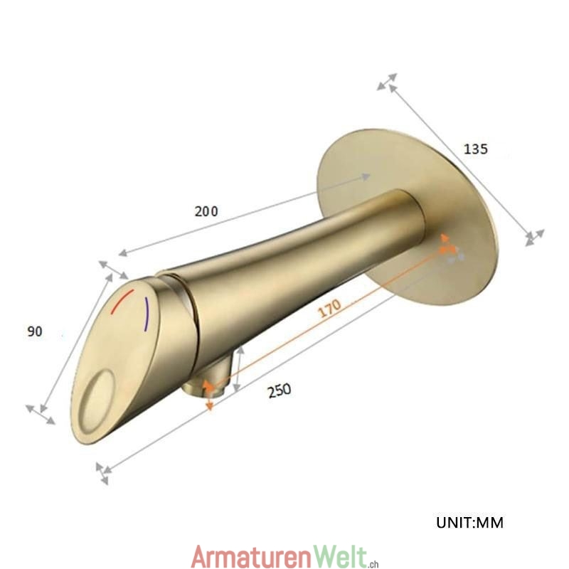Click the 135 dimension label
476,149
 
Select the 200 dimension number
206,211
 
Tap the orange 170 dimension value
329,308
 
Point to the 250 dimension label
280,390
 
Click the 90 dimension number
35,331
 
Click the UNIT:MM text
469,523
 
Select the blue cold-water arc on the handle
147,314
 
